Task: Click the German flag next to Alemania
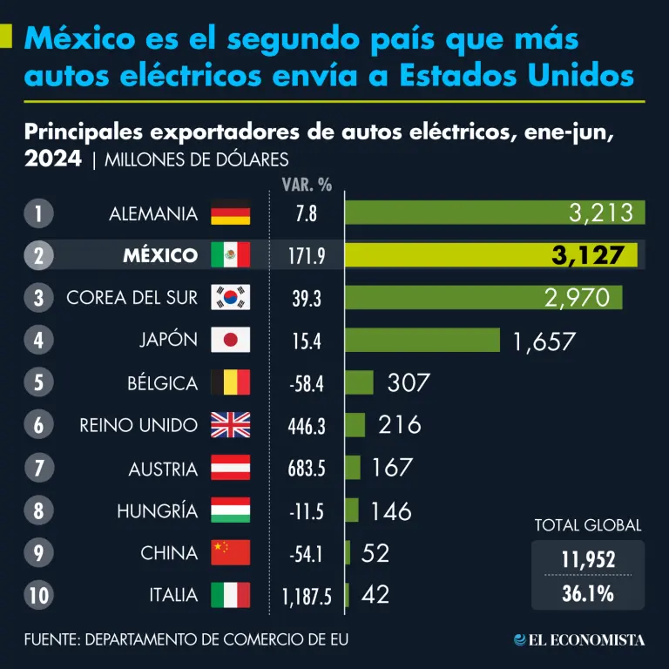coord(230,213)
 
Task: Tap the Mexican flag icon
coord(230,255)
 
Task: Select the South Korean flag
coord(230,298)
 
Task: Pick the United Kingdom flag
coord(230,425)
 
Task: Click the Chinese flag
coord(230,552)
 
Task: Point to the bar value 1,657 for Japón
coord(544,341)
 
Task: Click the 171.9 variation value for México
coord(307,256)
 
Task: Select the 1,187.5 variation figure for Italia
coord(307,596)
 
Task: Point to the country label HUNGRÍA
coord(158,510)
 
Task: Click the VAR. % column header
coord(307,185)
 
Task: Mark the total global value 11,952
coord(588,559)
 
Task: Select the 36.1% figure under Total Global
coord(588,594)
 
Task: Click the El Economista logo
coord(579,640)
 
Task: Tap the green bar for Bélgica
coord(359,382)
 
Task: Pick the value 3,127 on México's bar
coord(588,255)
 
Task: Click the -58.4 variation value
coord(307,383)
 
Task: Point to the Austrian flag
coord(230,468)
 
